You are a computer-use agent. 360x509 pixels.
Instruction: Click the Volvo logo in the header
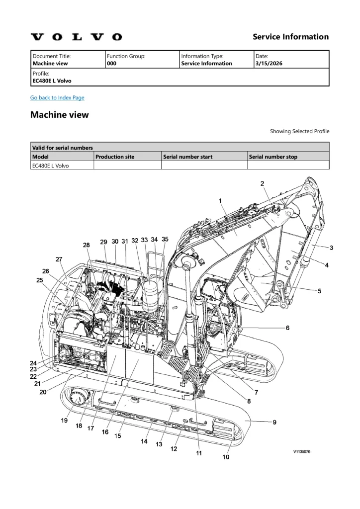click(x=76, y=37)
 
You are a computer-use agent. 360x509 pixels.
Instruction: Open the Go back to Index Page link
click(x=57, y=97)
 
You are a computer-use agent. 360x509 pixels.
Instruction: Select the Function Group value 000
click(x=112, y=64)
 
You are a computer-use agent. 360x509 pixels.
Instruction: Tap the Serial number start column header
click(x=188, y=157)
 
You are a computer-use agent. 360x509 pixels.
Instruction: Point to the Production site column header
click(x=115, y=157)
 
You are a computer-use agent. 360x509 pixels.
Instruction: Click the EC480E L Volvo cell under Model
click(x=51, y=166)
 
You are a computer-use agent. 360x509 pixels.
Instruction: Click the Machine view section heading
click(x=60, y=115)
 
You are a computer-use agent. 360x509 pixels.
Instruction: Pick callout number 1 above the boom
click(x=220, y=201)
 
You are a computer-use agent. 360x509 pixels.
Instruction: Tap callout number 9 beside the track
click(x=274, y=423)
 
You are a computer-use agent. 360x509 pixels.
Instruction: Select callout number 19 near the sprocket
click(x=64, y=421)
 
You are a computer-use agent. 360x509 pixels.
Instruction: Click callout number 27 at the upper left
click(x=59, y=259)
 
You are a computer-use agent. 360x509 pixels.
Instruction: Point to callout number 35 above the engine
click(x=165, y=239)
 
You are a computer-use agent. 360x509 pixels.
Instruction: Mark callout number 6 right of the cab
click(x=287, y=328)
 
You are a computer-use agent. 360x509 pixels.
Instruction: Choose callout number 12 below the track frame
click(x=174, y=449)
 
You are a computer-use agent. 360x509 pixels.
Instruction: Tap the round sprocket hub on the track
click(x=78, y=399)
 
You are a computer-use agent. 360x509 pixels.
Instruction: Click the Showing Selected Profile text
click(x=299, y=131)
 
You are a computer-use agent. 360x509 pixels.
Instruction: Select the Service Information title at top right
click(x=290, y=37)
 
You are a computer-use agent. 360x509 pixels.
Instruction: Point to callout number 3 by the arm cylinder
click(x=331, y=248)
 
